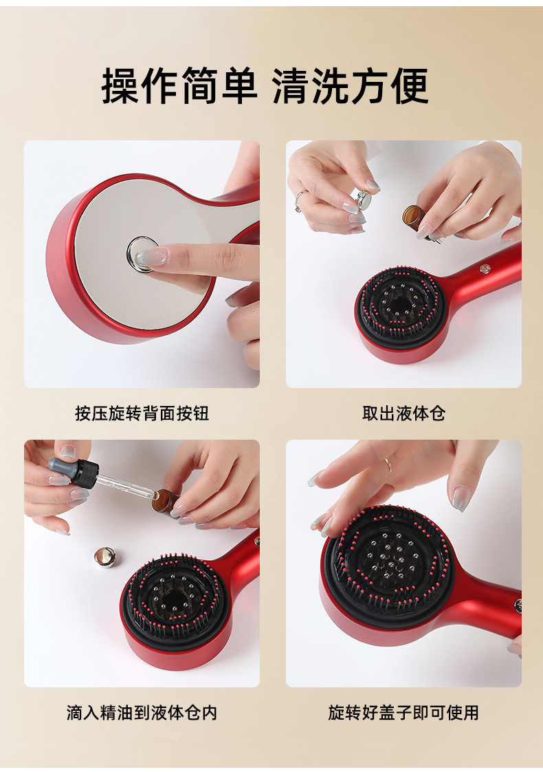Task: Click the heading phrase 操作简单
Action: click(x=179, y=86)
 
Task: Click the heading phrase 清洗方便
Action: click(x=350, y=86)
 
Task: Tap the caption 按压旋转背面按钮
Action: click(x=142, y=413)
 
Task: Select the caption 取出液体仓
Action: click(x=403, y=413)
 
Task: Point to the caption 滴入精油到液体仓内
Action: click(x=142, y=712)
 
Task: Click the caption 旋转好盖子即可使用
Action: click(x=403, y=712)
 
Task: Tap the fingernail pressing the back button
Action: click(x=151, y=257)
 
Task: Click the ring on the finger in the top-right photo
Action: click(x=298, y=201)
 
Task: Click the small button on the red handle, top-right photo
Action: click(x=485, y=269)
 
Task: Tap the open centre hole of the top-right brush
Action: click(x=399, y=303)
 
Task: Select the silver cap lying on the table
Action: click(x=104, y=557)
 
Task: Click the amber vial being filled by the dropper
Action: click(x=164, y=502)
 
